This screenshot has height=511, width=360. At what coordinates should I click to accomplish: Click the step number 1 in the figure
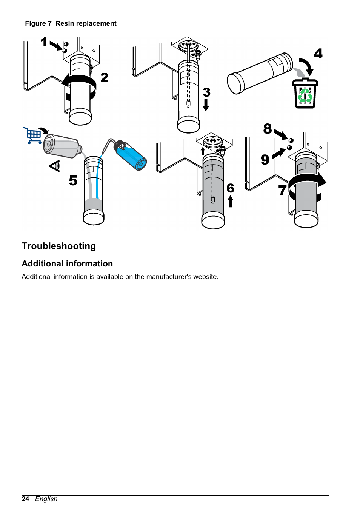coord(44,42)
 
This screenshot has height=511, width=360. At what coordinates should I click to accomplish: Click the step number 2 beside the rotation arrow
coord(105,77)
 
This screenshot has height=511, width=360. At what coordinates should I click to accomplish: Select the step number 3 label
coord(206,92)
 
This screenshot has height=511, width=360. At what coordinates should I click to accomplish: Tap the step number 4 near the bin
coord(318,54)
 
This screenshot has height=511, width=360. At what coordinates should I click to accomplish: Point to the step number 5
coord(73,180)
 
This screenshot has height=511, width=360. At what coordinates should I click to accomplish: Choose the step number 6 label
coord(230,188)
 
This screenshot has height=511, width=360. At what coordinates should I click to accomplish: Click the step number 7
coord(282,190)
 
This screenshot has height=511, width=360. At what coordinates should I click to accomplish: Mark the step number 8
coord(268,129)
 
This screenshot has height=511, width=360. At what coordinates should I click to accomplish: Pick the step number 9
coord(265,160)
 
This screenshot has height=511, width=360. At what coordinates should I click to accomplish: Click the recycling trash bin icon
coord(305,94)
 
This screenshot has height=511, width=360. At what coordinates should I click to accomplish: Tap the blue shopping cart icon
coord(33,135)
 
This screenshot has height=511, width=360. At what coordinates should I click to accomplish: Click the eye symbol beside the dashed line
coord(55,166)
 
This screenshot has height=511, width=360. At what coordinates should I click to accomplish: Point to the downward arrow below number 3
coord(206,105)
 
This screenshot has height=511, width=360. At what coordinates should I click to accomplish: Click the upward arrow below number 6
coord(230,202)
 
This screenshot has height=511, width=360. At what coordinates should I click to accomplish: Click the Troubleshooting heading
coord(59,246)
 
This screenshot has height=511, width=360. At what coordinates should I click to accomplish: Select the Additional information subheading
coord(67,264)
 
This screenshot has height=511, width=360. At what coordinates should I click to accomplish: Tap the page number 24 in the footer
coord(25,499)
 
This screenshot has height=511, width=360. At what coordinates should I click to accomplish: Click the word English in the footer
coord(46,499)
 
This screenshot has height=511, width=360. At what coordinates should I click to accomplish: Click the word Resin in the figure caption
coord(65,23)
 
